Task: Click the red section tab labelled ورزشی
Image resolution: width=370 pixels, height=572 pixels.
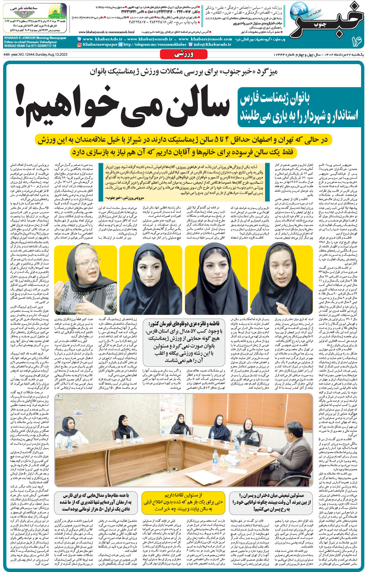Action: click(184, 54)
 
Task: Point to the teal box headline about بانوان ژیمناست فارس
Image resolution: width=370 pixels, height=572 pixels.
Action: click(298, 107)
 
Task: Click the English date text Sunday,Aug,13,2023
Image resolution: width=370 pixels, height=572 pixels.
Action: click(50, 54)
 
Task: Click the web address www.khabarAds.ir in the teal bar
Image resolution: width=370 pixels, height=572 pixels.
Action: click(103, 39)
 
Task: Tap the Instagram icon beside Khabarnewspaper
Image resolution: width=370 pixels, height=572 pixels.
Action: click(79, 45)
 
